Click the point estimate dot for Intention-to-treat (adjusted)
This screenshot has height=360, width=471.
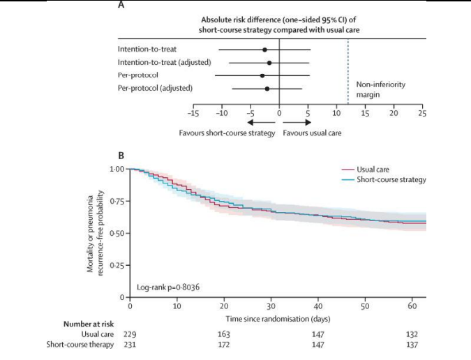[x=269, y=63]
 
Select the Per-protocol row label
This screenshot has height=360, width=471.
[x=139, y=75]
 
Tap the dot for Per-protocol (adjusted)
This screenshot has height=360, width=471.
[x=267, y=89]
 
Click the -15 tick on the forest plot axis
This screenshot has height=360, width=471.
[x=193, y=112]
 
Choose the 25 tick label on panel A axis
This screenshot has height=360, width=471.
[x=422, y=112]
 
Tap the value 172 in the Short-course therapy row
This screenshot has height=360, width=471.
[x=224, y=345]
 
